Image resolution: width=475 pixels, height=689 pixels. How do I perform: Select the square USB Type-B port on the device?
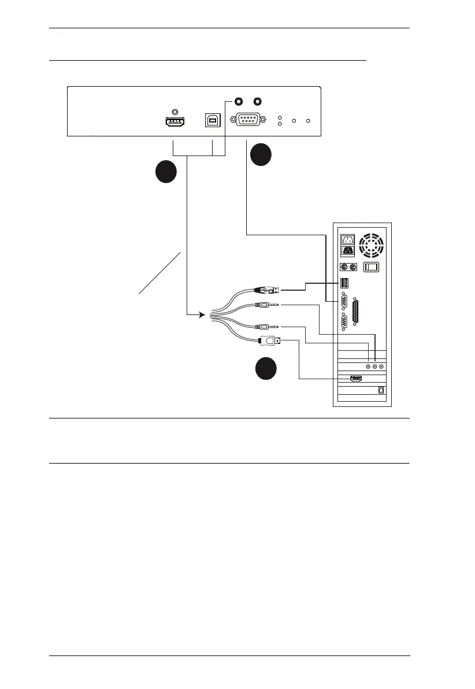click(213, 120)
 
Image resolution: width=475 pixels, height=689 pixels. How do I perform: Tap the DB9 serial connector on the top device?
click(247, 120)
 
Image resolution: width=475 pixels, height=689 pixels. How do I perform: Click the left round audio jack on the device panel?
click(237, 100)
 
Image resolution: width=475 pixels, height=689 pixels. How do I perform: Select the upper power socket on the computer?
click(348, 240)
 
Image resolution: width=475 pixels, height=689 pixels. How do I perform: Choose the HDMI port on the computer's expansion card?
click(355, 379)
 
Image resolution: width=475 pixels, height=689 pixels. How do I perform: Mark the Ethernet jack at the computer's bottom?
click(380, 390)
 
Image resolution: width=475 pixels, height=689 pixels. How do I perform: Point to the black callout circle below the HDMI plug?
click(266, 369)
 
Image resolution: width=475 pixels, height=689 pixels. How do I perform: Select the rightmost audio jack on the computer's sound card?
click(382, 366)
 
